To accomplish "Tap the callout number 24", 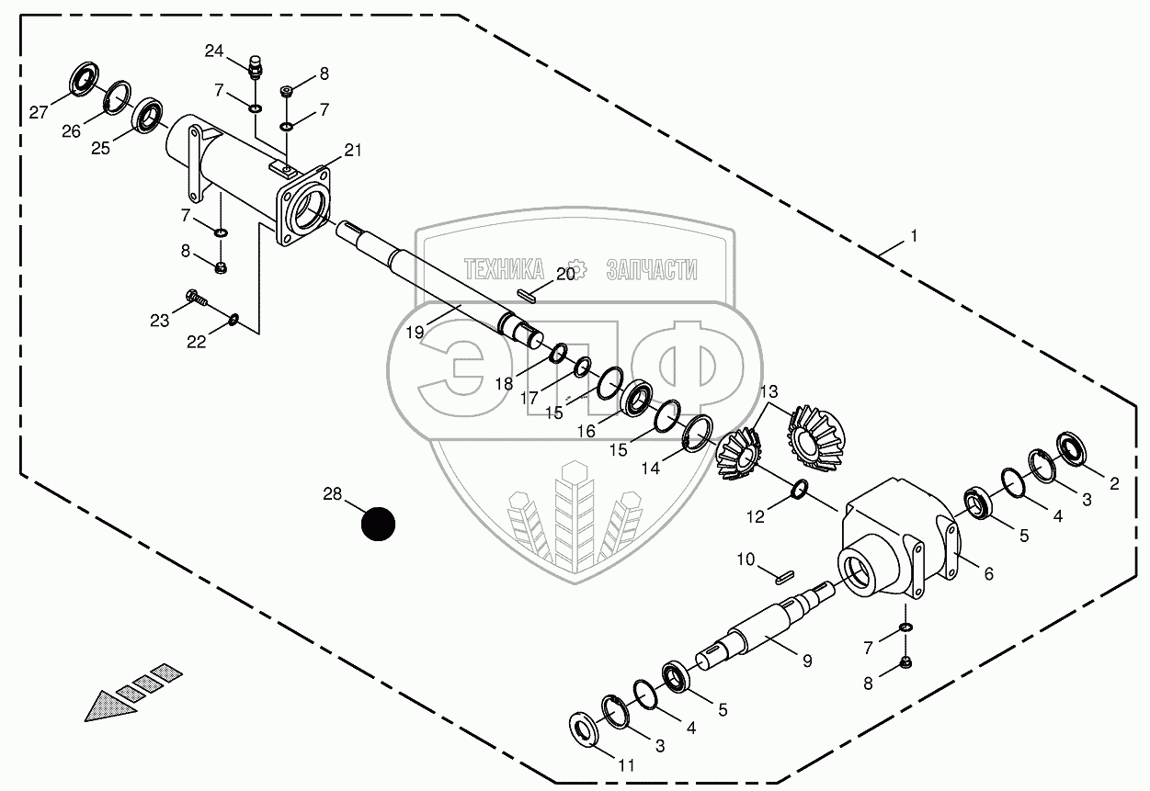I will coord(214,51).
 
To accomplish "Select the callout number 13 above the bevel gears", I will coord(769,392).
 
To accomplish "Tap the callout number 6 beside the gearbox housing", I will coord(988,574).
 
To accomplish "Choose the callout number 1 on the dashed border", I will coord(913,236).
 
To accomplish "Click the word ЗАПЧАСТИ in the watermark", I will coord(651,269).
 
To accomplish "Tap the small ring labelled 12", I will coord(800,492).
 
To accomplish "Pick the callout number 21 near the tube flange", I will coord(353,150).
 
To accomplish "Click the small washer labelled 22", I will coord(234,320).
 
